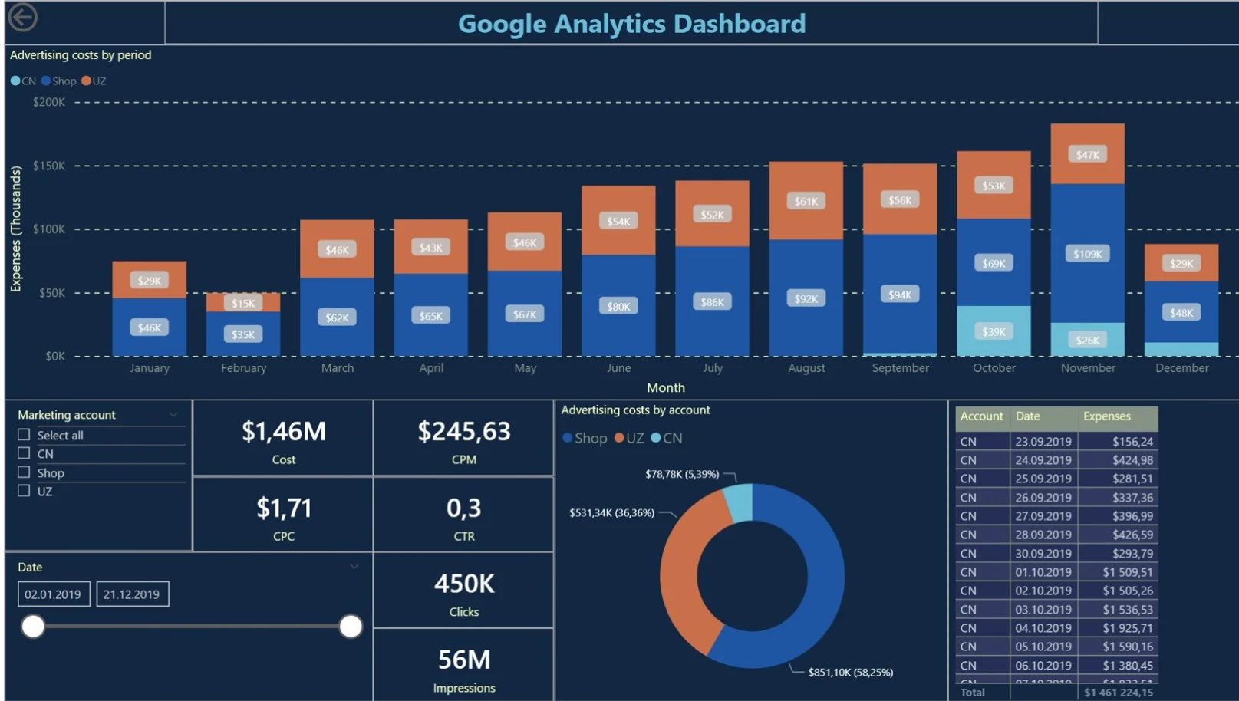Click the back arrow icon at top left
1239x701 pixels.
[23, 17]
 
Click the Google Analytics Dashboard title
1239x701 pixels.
[631, 24]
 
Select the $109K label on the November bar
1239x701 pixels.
[1087, 254]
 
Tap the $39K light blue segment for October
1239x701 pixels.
[994, 331]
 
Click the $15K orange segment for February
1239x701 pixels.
[243, 303]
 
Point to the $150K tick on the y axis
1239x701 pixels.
[49, 166]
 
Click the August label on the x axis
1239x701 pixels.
[806, 368]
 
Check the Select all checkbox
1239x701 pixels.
[24, 435]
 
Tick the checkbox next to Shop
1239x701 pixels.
[24, 472]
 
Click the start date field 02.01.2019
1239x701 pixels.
[53, 594]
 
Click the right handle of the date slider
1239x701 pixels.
[351, 627]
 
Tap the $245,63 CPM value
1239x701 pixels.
[463, 432]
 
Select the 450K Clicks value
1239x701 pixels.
[463, 584]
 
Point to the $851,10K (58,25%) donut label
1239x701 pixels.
[850, 673]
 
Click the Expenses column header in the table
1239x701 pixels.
[1106, 416]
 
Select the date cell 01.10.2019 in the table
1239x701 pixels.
[1043, 572]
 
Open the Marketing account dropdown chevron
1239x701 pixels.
[173, 415]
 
